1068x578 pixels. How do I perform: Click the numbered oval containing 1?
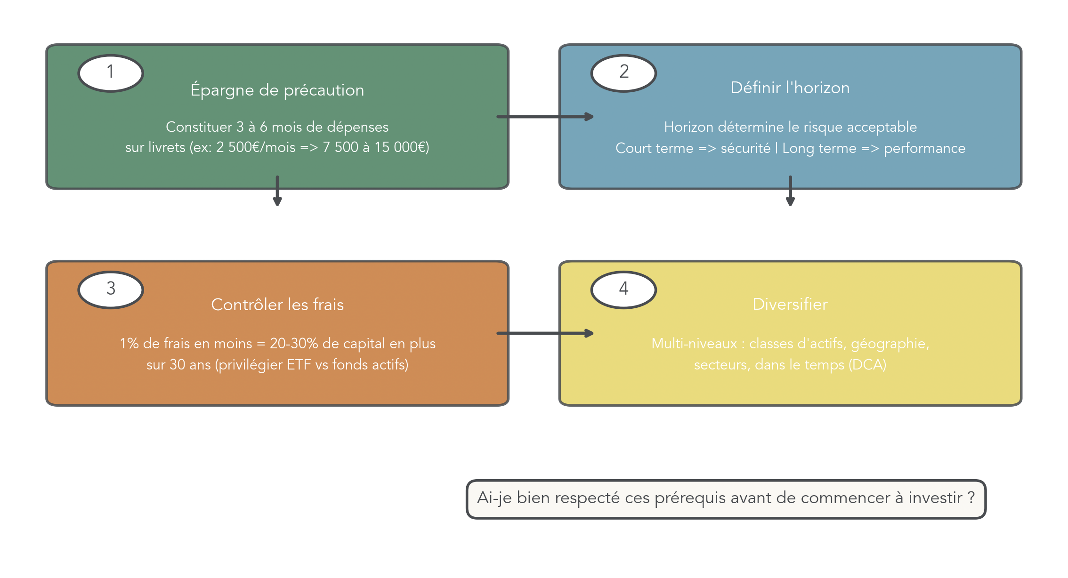tap(111, 73)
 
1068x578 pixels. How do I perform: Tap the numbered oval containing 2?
tap(623, 73)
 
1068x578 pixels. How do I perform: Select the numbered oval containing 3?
tap(111, 289)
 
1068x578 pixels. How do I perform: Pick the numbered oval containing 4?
tap(623, 289)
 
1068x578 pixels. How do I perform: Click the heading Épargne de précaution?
tap(277, 90)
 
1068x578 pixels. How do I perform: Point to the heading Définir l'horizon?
tap(790, 88)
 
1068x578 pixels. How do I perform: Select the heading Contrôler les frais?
tap(277, 305)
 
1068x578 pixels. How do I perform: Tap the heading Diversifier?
tap(790, 304)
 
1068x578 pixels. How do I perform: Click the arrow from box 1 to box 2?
tap(545, 116)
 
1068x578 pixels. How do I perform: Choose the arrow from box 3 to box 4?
tap(545, 333)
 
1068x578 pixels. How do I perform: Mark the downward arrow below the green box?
tap(277, 191)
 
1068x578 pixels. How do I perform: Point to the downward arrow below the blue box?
tap(790, 191)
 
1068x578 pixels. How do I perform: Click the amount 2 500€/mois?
tap(256, 147)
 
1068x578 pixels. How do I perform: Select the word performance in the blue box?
tap(924, 149)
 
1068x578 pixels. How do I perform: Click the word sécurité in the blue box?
tap(745, 148)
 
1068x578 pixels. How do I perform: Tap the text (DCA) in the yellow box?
tap(867, 365)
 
